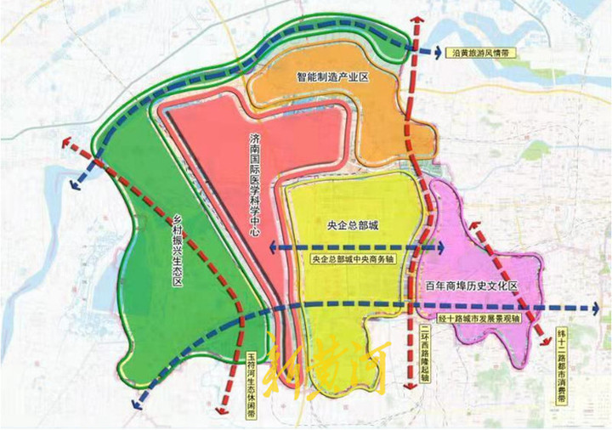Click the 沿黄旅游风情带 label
pos(480,53)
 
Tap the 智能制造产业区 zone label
pos(331,77)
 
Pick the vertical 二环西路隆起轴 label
pos(424,356)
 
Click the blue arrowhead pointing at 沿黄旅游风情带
pos(433,53)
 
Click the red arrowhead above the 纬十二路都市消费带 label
pos(544,340)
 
